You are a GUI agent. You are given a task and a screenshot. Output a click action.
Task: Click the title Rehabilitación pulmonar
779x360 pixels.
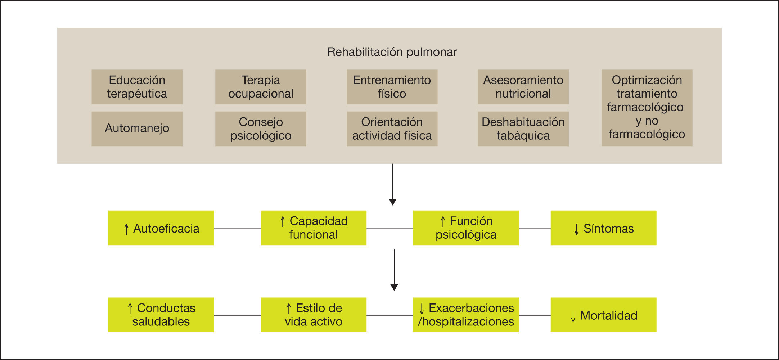point(392,52)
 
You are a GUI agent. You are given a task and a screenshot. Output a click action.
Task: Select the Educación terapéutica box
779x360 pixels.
point(137,87)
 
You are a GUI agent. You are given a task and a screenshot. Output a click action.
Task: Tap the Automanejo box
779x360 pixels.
point(137,129)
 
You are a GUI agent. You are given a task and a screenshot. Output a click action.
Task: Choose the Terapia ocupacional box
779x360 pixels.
point(261,87)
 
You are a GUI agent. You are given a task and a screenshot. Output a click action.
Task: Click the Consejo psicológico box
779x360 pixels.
point(261,129)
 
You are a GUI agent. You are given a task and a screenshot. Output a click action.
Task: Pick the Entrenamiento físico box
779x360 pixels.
point(392,87)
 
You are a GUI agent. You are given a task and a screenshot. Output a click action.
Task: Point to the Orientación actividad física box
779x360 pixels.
point(392,129)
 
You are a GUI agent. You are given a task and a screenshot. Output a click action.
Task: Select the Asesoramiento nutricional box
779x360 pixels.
point(523,87)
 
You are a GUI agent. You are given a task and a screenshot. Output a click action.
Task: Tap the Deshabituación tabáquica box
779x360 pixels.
point(523,129)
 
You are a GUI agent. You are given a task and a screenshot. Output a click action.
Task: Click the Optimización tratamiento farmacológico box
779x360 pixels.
point(647,108)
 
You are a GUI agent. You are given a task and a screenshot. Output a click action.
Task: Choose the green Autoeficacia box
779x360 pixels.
point(161,228)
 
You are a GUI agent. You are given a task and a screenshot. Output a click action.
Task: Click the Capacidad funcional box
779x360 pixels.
point(313,228)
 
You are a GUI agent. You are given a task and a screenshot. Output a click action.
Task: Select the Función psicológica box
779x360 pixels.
point(466,228)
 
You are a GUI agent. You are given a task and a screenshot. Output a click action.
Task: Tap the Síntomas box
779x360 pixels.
point(603,228)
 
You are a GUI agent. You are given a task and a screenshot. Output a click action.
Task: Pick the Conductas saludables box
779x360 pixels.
point(161,315)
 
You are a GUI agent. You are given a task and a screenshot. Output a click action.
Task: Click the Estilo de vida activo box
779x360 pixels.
point(313,315)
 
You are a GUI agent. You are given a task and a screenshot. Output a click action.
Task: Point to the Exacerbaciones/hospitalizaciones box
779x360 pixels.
point(466,315)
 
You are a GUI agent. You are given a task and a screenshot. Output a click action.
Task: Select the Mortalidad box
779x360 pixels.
point(603,315)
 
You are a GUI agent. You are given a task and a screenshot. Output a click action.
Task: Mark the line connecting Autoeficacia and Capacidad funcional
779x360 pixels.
point(237,229)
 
